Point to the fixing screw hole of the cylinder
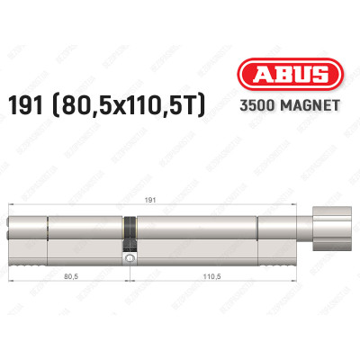[130, 258]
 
